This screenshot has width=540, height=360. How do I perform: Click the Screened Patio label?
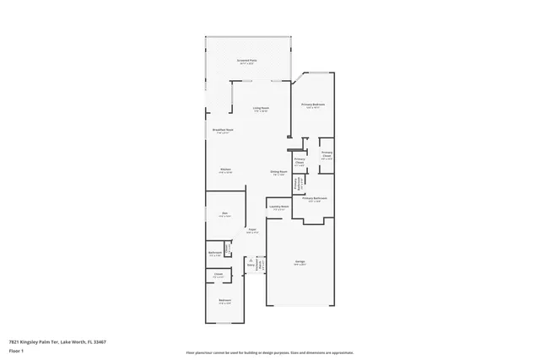247,62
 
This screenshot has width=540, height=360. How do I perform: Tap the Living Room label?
261,109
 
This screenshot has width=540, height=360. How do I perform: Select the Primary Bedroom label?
314,105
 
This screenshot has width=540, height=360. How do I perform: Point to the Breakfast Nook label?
224,131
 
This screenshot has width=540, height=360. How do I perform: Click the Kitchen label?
225,170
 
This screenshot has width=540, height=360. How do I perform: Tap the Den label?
224,214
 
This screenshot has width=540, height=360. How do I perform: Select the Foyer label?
251,230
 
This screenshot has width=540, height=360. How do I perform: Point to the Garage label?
300,262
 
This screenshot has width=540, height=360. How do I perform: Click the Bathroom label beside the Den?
214,253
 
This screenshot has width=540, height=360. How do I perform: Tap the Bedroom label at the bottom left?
225,301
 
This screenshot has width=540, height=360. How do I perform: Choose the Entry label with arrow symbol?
251,265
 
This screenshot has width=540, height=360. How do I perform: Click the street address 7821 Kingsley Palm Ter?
37,341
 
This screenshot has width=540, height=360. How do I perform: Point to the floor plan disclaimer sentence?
269,353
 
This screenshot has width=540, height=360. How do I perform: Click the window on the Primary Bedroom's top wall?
318,73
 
